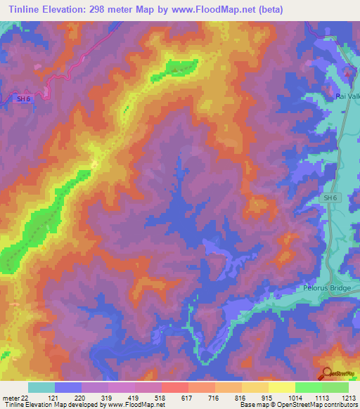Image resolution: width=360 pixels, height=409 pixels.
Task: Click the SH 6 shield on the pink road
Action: coord(24,99)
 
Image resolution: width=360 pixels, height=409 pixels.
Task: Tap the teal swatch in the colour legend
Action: coord(41,387)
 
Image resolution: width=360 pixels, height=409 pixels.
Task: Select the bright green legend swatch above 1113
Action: coord(308,387)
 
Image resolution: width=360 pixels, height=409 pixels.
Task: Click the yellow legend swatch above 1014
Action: coord(281,387)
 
